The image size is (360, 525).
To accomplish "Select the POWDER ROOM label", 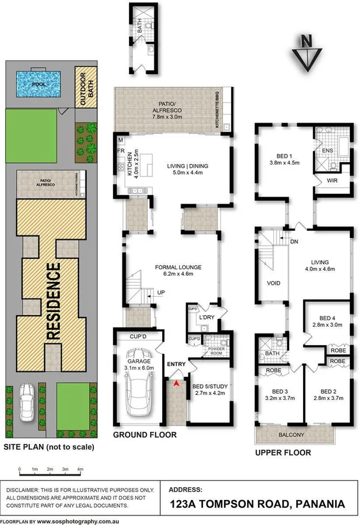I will pos(212,351).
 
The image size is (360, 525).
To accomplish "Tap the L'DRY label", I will pos(206,316).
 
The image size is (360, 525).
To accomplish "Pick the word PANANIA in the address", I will pos(319,504).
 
